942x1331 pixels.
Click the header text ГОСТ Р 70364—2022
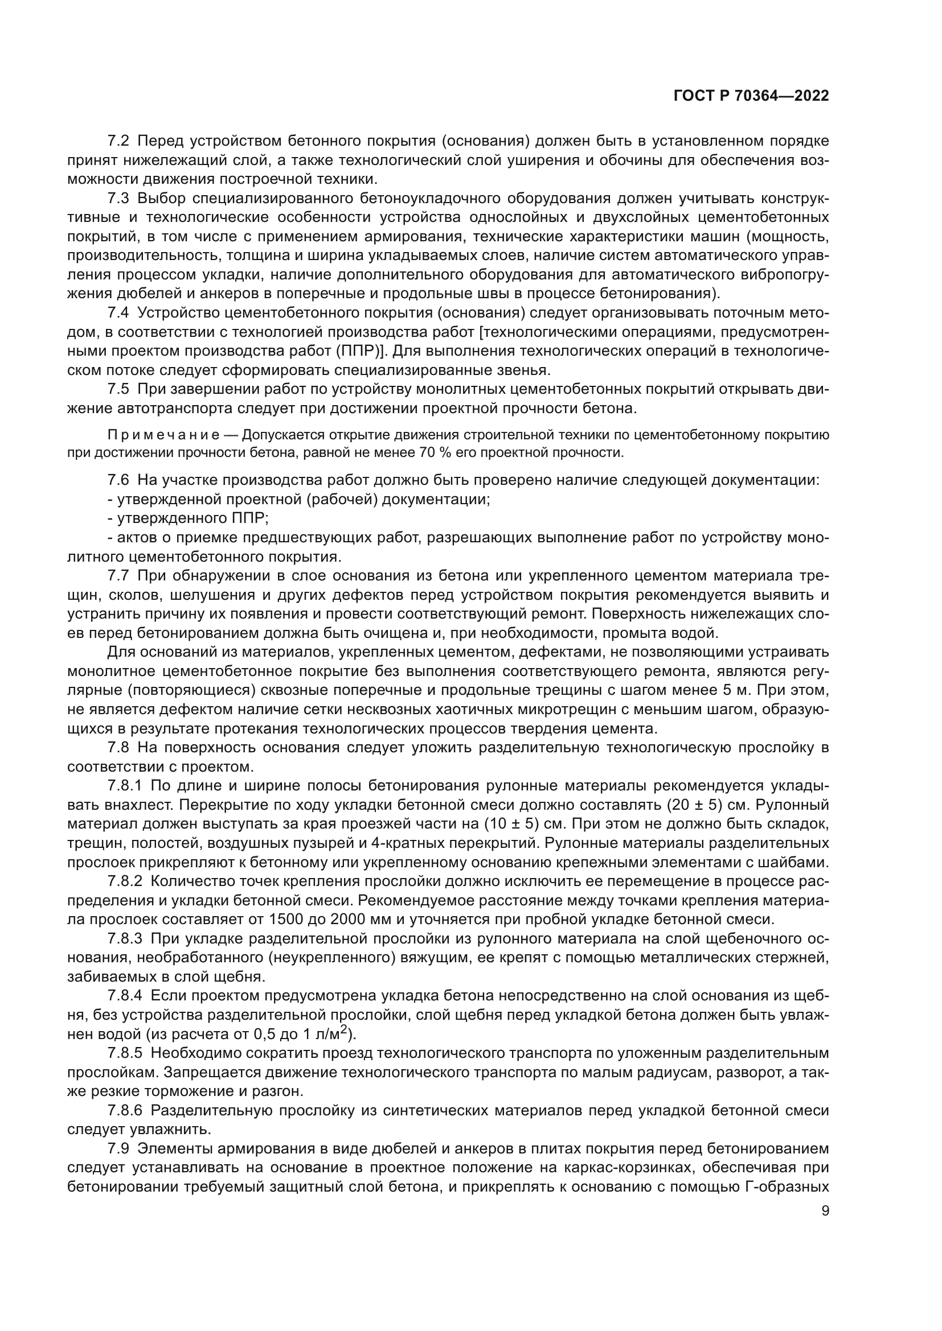[x=751, y=96]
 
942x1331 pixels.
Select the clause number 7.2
[x=119, y=141]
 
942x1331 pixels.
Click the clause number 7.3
[x=119, y=198]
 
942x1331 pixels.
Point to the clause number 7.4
[x=119, y=313]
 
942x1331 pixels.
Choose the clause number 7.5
[x=119, y=390]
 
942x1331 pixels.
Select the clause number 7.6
[x=119, y=480]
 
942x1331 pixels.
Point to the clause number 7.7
[x=119, y=576]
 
